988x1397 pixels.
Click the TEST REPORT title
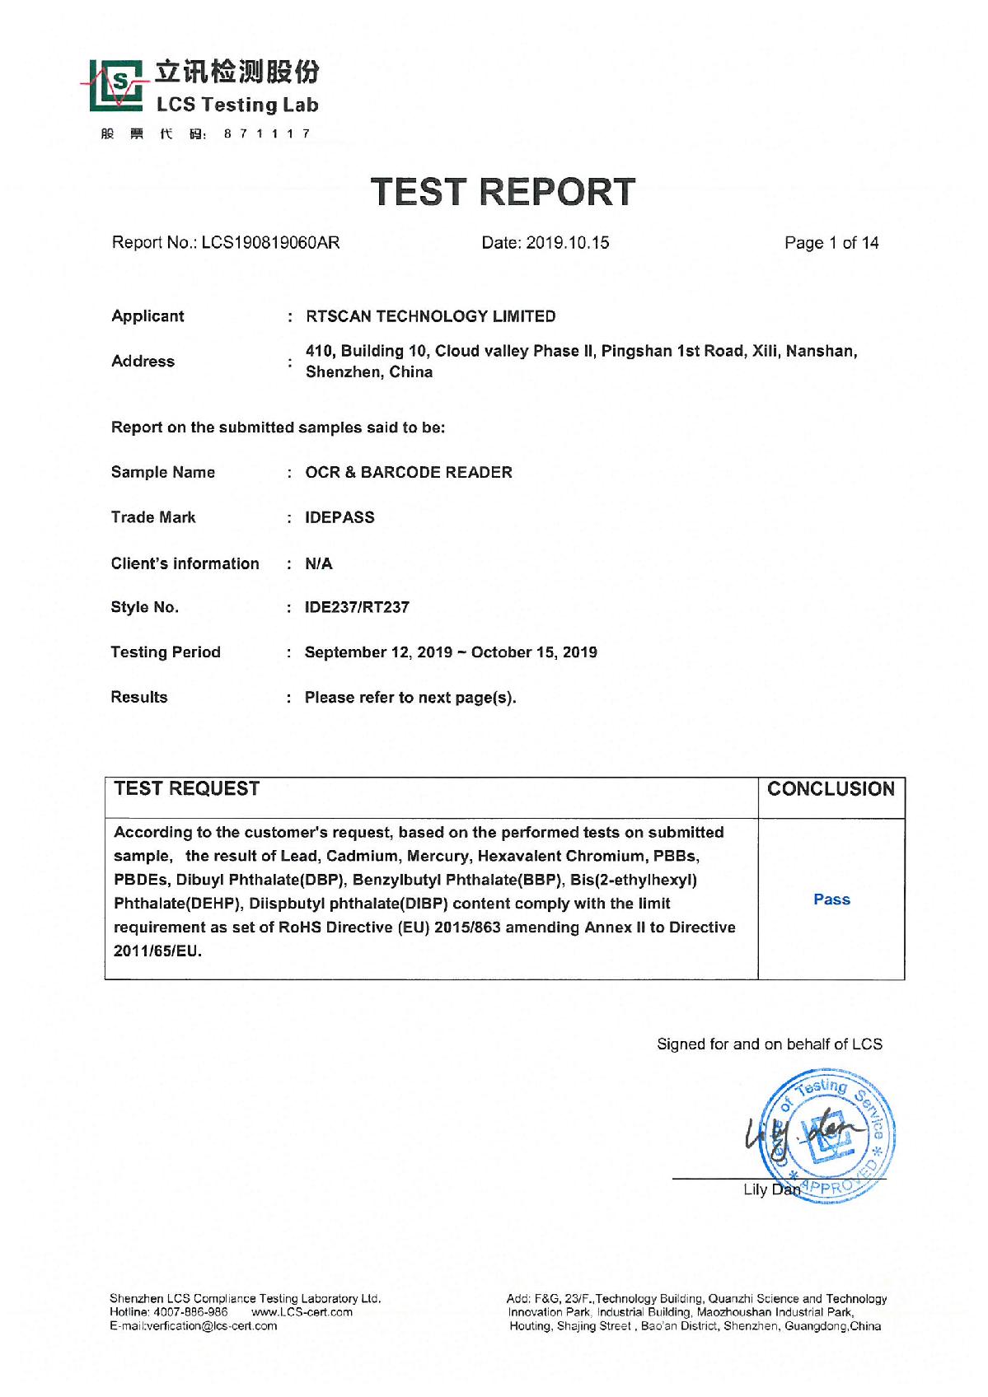tap(503, 192)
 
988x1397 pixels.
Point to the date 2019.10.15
tap(569, 243)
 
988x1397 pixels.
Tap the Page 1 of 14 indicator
tap(831, 243)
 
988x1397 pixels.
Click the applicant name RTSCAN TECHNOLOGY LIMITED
tap(430, 316)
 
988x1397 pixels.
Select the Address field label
tap(143, 362)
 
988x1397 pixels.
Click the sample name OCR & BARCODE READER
tap(409, 473)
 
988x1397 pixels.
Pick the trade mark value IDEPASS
tap(339, 518)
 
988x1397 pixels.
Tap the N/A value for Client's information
tap(319, 564)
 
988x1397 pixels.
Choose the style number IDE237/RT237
tap(357, 608)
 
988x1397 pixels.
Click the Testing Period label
tap(166, 652)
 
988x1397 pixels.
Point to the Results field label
tap(139, 698)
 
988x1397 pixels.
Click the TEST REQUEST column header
tap(187, 789)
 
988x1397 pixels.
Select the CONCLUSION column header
tap(831, 789)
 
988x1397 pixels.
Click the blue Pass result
tap(831, 899)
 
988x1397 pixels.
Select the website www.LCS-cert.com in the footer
tap(302, 1312)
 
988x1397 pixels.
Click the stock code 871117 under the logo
tap(266, 134)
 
